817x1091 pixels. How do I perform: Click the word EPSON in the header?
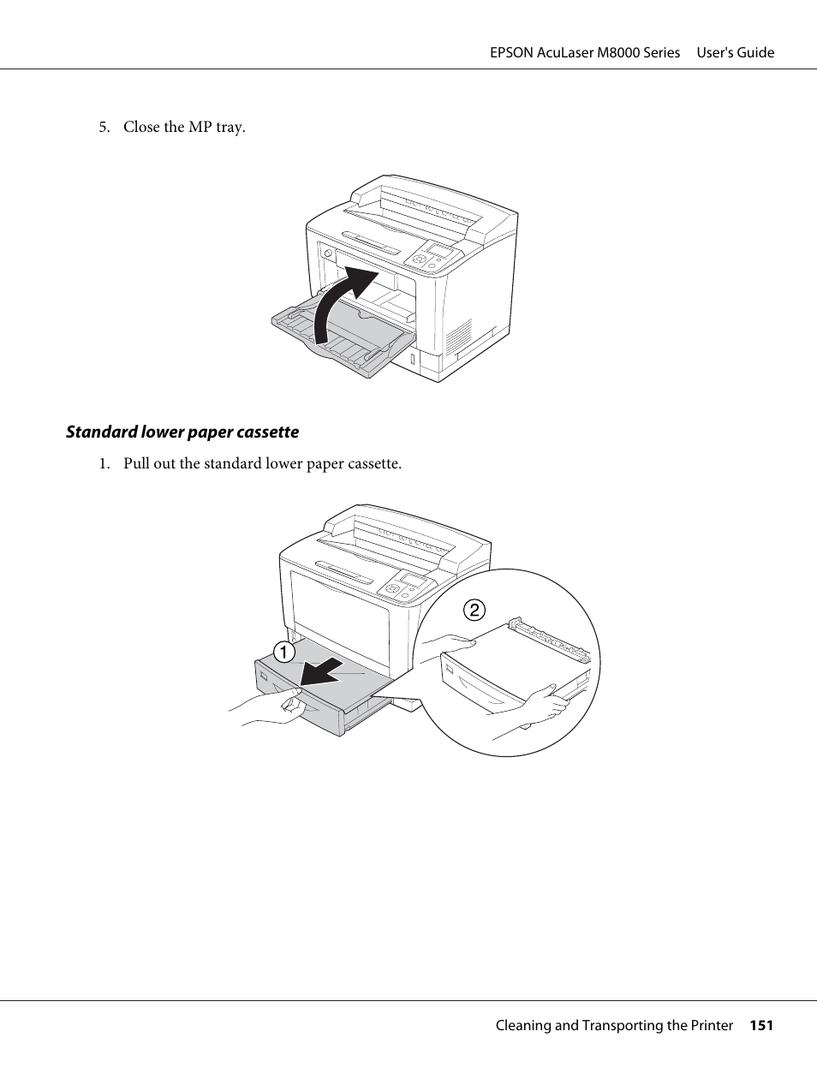click(x=511, y=52)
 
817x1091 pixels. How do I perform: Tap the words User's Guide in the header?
click(x=735, y=52)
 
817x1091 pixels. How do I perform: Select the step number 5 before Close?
click(x=103, y=127)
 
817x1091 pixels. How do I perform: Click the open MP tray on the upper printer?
click(x=343, y=334)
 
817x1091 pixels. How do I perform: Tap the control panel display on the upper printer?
click(x=441, y=250)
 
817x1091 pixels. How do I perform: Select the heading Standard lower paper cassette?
click(x=182, y=432)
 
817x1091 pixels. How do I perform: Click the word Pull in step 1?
click(x=137, y=463)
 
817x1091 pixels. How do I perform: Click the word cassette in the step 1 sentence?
click(x=373, y=463)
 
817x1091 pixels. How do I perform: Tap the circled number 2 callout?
click(x=474, y=610)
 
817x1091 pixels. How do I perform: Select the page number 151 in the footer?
click(x=761, y=1025)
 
